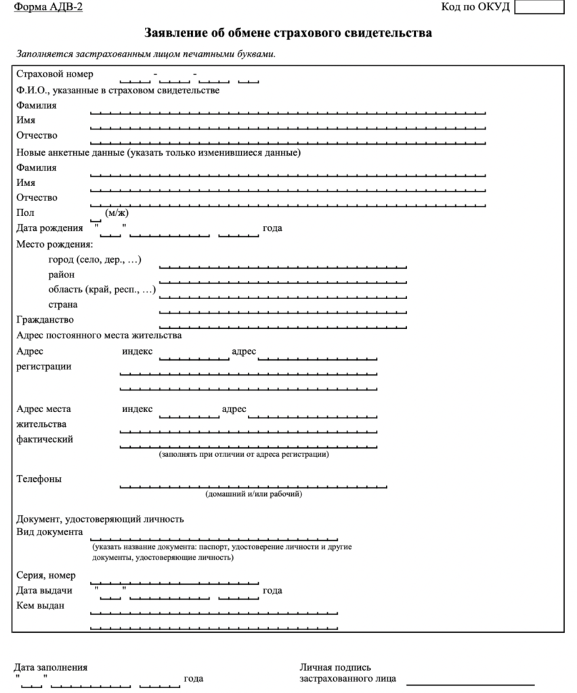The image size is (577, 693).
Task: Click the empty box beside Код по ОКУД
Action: (x=539, y=7)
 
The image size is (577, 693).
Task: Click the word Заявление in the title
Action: (x=177, y=32)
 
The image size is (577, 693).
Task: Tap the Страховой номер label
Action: (x=55, y=74)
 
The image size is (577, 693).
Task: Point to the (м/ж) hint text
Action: (x=116, y=213)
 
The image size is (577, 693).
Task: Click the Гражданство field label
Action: (x=45, y=319)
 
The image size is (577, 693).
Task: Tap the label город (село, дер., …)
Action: (x=94, y=260)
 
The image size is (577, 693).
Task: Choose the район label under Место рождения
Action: (x=62, y=275)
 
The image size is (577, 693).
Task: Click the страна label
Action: (x=62, y=305)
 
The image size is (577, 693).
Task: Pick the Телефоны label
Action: (x=39, y=479)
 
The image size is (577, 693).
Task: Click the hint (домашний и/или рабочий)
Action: (x=254, y=494)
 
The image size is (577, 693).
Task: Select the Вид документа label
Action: (x=49, y=532)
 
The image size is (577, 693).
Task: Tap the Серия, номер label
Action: (x=46, y=575)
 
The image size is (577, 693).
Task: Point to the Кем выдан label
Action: (x=40, y=605)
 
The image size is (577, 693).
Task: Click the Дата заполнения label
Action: (x=51, y=668)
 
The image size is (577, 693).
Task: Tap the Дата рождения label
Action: (x=49, y=228)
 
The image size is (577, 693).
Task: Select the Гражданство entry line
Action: (x=282, y=326)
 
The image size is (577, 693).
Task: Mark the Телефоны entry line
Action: (x=253, y=486)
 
